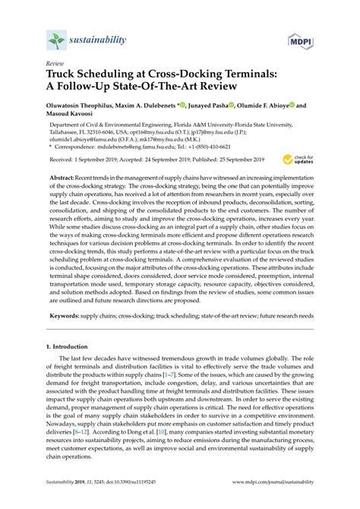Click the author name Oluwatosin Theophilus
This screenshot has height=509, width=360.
[86, 107]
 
